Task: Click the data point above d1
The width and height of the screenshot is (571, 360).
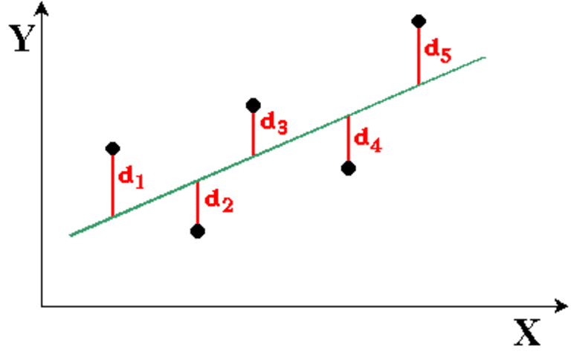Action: point(112,149)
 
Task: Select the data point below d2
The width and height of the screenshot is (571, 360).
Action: point(197,231)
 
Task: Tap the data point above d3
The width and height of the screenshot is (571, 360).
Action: point(253,106)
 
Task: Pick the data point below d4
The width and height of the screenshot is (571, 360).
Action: point(349,168)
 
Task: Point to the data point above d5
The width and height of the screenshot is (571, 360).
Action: point(419,21)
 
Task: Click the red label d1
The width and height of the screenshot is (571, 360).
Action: point(132,178)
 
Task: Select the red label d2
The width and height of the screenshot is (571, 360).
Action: point(219,202)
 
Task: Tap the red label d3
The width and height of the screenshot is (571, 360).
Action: point(274,123)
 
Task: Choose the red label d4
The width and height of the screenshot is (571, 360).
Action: point(368,141)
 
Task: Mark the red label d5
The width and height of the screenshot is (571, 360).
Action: point(438,51)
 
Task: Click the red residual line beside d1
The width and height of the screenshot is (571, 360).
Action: point(112,186)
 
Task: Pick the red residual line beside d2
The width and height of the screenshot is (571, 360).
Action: point(197,202)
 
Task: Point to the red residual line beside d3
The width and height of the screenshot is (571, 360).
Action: point(253,134)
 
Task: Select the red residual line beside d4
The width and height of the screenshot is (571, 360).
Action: point(349,138)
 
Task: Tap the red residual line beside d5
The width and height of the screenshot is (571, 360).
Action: point(419,57)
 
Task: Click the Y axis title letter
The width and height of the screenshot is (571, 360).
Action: point(22,38)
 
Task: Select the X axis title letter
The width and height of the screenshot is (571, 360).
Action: point(527,332)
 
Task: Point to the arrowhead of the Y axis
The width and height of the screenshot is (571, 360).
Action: point(42,8)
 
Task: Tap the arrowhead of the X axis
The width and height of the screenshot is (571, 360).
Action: point(561,306)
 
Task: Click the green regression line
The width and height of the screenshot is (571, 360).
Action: point(277,147)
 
